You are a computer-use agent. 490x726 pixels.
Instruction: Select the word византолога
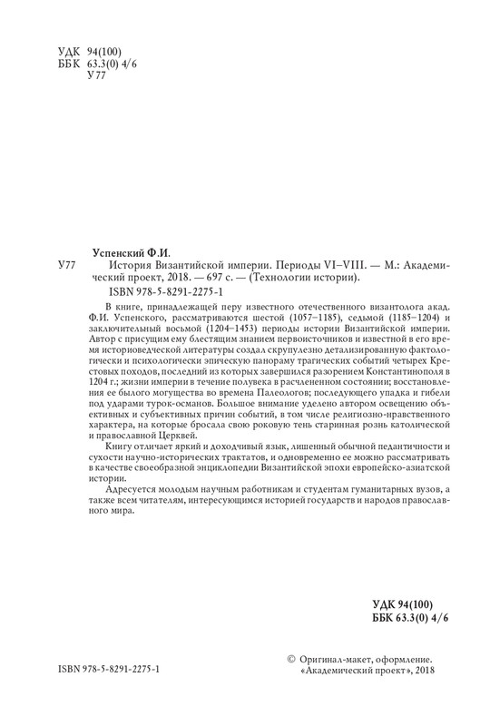tap(340, 308)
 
